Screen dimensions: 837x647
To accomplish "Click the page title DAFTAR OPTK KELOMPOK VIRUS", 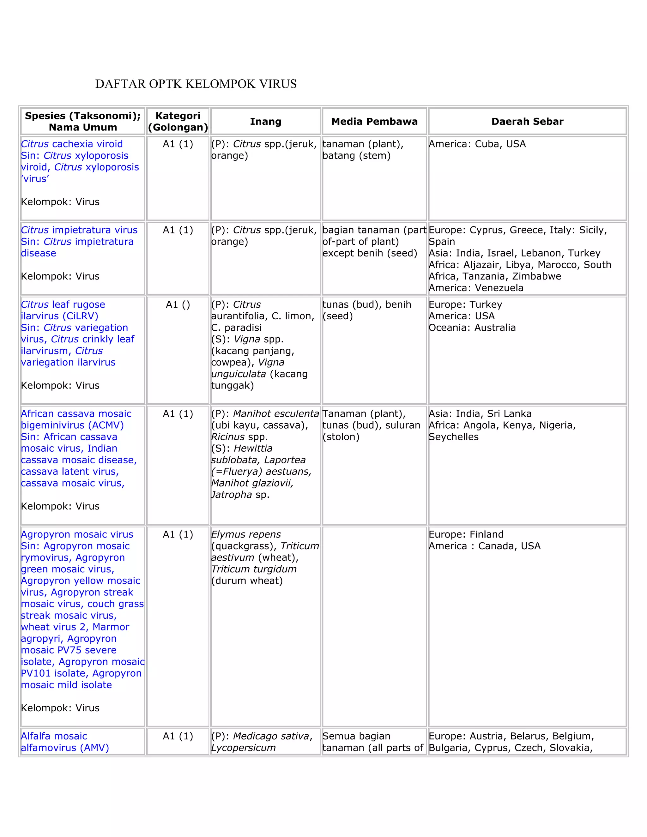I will (196, 84).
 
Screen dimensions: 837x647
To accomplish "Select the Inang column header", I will (266, 122).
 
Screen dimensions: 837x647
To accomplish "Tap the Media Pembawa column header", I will (374, 122).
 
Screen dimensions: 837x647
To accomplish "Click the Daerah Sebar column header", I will (527, 122).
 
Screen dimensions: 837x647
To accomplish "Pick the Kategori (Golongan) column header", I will (178, 122).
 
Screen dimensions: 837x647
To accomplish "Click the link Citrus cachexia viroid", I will (72, 144).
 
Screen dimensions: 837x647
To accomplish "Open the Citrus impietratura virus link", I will (79, 230).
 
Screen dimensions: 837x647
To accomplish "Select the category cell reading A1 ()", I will (178, 305).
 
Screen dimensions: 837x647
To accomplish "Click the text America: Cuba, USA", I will (477, 144).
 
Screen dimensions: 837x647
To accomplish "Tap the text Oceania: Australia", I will (472, 328).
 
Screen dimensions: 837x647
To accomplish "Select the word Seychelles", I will (453, 437).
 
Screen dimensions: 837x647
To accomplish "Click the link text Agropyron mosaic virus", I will (77, 535).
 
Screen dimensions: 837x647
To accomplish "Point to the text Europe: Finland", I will (466, 535).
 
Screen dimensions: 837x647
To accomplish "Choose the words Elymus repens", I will (246, 535).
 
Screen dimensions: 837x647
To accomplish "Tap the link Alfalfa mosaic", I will (54, 736).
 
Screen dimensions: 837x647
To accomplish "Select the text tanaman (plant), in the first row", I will (363, 144).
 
